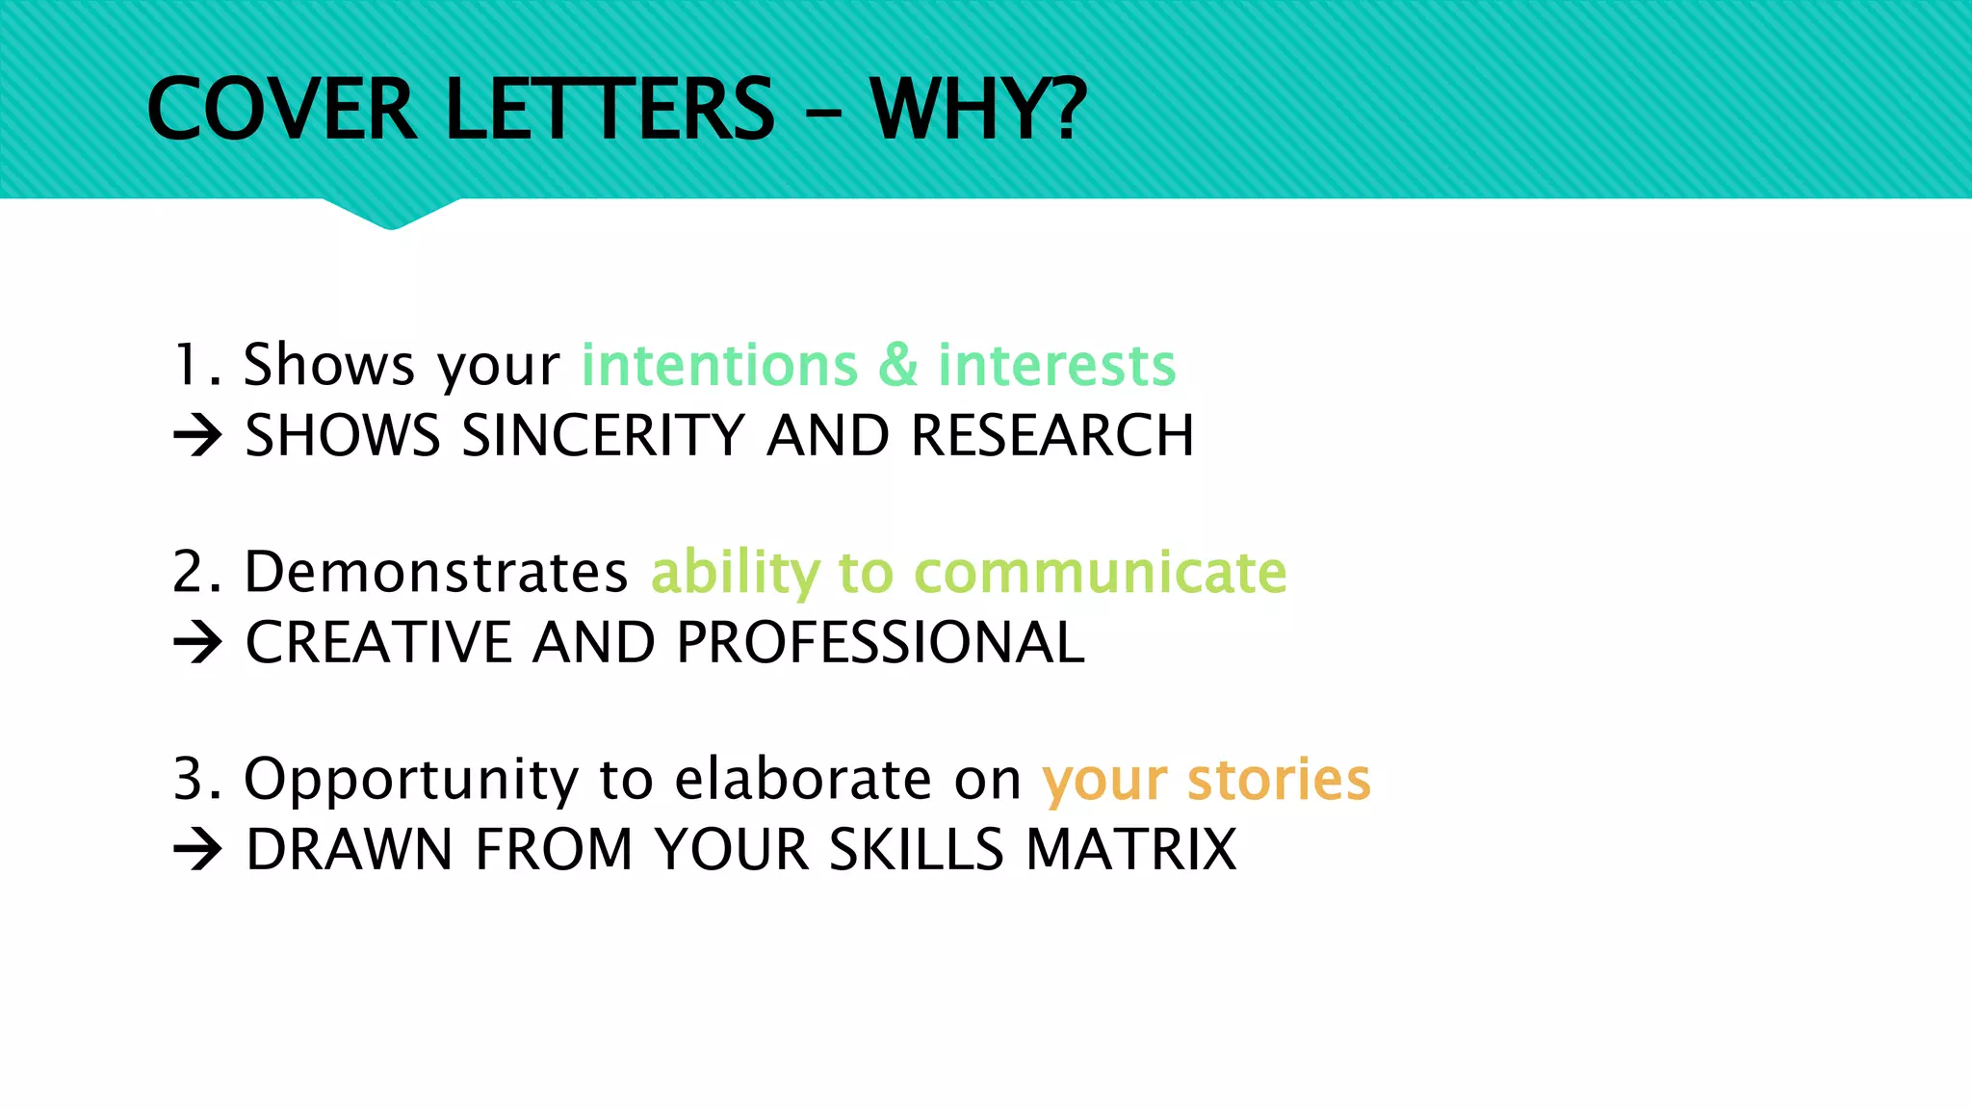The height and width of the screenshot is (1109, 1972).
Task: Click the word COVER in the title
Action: click(x=282, y=110)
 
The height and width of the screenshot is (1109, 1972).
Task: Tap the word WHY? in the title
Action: click(x=978, y=110)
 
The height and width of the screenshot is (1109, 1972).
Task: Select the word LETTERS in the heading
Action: click(x=610, y=110)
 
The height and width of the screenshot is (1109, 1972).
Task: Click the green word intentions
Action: click(x=719, y=365)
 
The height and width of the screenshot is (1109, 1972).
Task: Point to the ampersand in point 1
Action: click(x=897, y=365)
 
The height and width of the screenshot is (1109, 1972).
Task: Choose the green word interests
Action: click(x=1056, y=365)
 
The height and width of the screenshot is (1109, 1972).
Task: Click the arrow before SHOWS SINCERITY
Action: click(x=198, y=436)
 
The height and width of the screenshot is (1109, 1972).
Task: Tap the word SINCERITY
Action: click(x=604, y=436)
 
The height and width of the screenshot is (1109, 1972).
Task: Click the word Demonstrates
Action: click(x=436, y=572)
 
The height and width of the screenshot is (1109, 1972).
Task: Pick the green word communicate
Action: click(x=1100, y=572)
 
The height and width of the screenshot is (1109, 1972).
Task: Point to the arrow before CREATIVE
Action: click(x=198, y=643)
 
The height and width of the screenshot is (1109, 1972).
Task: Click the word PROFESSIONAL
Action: click(x=880, y=643)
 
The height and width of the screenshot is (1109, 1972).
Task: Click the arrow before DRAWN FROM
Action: click(x=198, y=850)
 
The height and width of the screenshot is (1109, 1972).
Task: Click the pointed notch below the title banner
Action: click(x=391, y=217)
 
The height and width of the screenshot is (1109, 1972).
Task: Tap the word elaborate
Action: click(x=802, y=779)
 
